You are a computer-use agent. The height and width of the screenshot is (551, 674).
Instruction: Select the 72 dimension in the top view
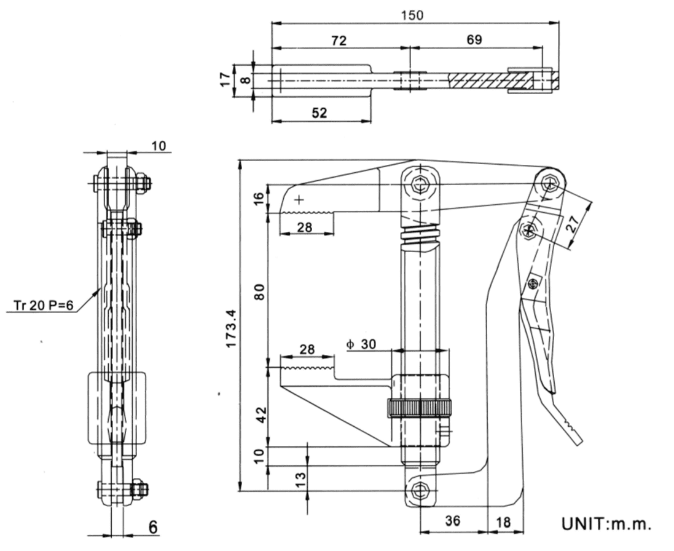(339, 41)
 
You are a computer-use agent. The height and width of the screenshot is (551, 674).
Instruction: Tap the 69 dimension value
(474, 40)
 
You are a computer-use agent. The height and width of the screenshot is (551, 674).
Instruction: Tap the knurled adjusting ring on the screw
(419, 407)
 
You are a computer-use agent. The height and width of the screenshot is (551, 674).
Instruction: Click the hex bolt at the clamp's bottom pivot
(421, 491)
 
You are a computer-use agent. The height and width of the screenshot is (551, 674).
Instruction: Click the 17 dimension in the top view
(225, 79)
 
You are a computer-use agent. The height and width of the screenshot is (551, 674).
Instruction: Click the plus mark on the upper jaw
(299, 199)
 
